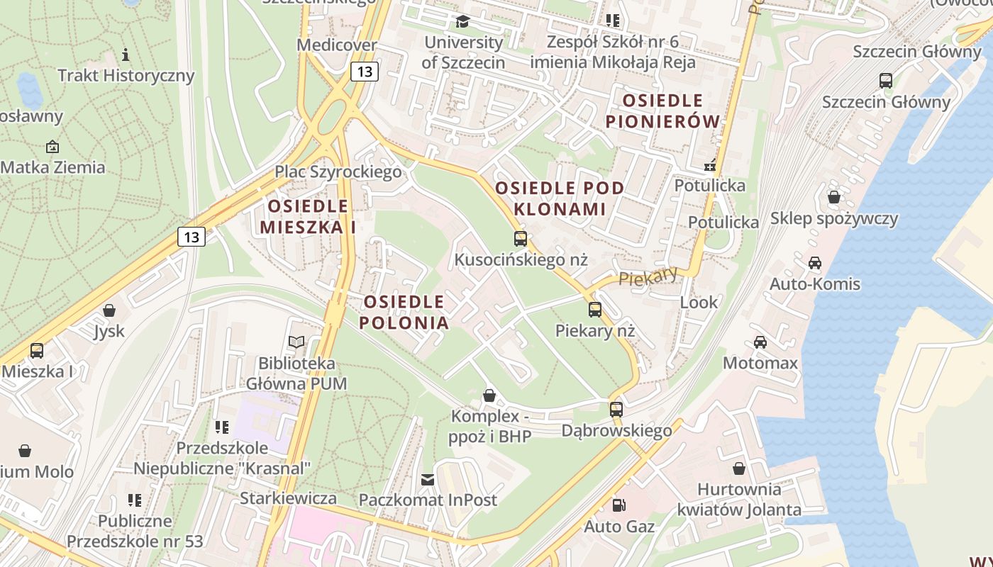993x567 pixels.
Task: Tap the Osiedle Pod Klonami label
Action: [560, 198]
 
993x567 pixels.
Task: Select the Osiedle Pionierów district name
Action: [663, 111]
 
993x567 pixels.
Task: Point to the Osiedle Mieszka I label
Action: [307, 216]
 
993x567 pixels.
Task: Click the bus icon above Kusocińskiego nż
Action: [521, 239]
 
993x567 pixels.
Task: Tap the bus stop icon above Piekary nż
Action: [595, 310]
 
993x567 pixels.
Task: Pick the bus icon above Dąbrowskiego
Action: [616, 410]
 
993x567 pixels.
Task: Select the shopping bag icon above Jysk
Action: [109, 310]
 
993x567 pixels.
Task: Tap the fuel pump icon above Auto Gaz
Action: [619, 505]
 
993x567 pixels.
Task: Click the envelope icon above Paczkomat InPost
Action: [428, 480]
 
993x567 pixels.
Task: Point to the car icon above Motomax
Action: [760, 342]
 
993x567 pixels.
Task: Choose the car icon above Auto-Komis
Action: [815, 263]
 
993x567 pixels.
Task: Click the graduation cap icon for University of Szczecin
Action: [463, 21]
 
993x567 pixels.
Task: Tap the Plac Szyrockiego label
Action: [338, 172]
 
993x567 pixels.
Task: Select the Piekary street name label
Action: [648, 276]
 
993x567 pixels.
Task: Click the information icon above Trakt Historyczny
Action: [126, 55]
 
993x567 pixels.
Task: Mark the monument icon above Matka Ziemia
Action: [52, 147]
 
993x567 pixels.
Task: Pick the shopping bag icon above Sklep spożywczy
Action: [834, 197]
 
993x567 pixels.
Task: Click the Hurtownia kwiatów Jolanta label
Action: [739, 499]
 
